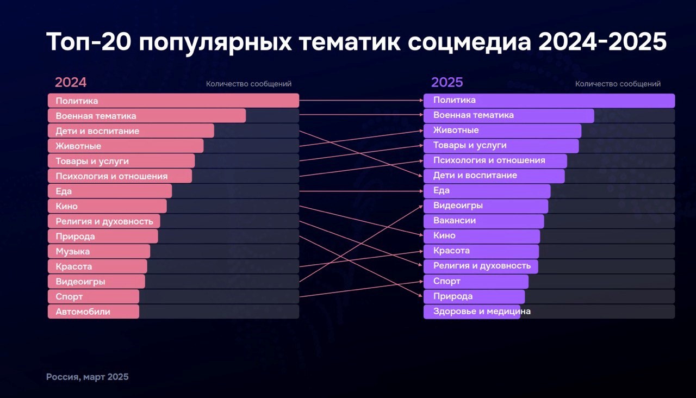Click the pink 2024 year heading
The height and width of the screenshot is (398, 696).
tap(71, 82)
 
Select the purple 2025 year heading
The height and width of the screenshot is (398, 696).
tap(447, 82)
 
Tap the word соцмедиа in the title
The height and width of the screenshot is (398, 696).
tap(469, 42)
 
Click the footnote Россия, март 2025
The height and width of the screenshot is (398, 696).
tap(88, 377)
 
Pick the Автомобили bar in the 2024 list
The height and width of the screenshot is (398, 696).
tap(94, 312)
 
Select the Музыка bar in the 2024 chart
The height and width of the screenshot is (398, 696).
tap(99, 251)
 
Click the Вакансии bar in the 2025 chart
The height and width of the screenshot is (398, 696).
tap(484, 221)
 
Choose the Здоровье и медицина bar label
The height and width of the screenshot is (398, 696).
tap(482, 312)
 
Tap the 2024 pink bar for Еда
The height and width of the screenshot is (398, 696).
tap(110, 191)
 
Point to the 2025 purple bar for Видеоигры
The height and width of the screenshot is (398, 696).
tap(486, 206)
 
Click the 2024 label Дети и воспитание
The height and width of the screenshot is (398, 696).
tap(97, 131)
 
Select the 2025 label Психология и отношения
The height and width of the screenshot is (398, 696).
tap(489, 160)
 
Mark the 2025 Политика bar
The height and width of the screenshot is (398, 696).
tap(549, 101)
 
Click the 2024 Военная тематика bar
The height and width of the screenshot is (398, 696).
tap(147, 116)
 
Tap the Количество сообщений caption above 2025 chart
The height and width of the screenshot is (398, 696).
tap(618, 84)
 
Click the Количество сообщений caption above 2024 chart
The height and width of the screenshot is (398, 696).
tap(248, 84)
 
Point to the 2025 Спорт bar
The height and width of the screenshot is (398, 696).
tap(476, 282)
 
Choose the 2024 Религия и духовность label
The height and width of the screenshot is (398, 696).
tap(104, 221)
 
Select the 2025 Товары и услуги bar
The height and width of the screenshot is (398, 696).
tap(501, 146)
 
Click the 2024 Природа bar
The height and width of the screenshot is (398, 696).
tap(103, 236)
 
